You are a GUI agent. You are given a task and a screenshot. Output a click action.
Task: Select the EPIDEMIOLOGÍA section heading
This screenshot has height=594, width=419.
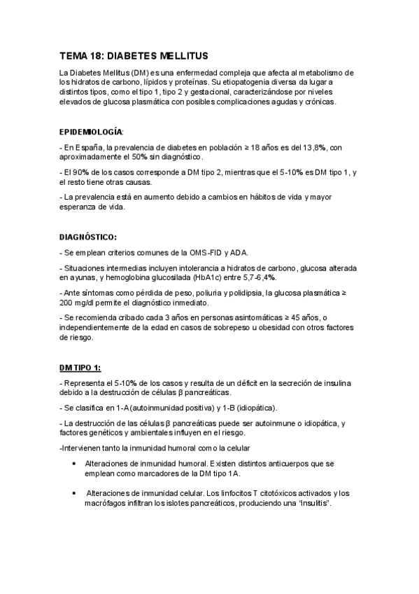coord(91,131)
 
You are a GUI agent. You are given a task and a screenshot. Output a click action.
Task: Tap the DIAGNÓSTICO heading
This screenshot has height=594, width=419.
coord(87,237)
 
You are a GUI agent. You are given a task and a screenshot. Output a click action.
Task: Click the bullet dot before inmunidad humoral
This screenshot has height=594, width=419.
coord(75,464)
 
